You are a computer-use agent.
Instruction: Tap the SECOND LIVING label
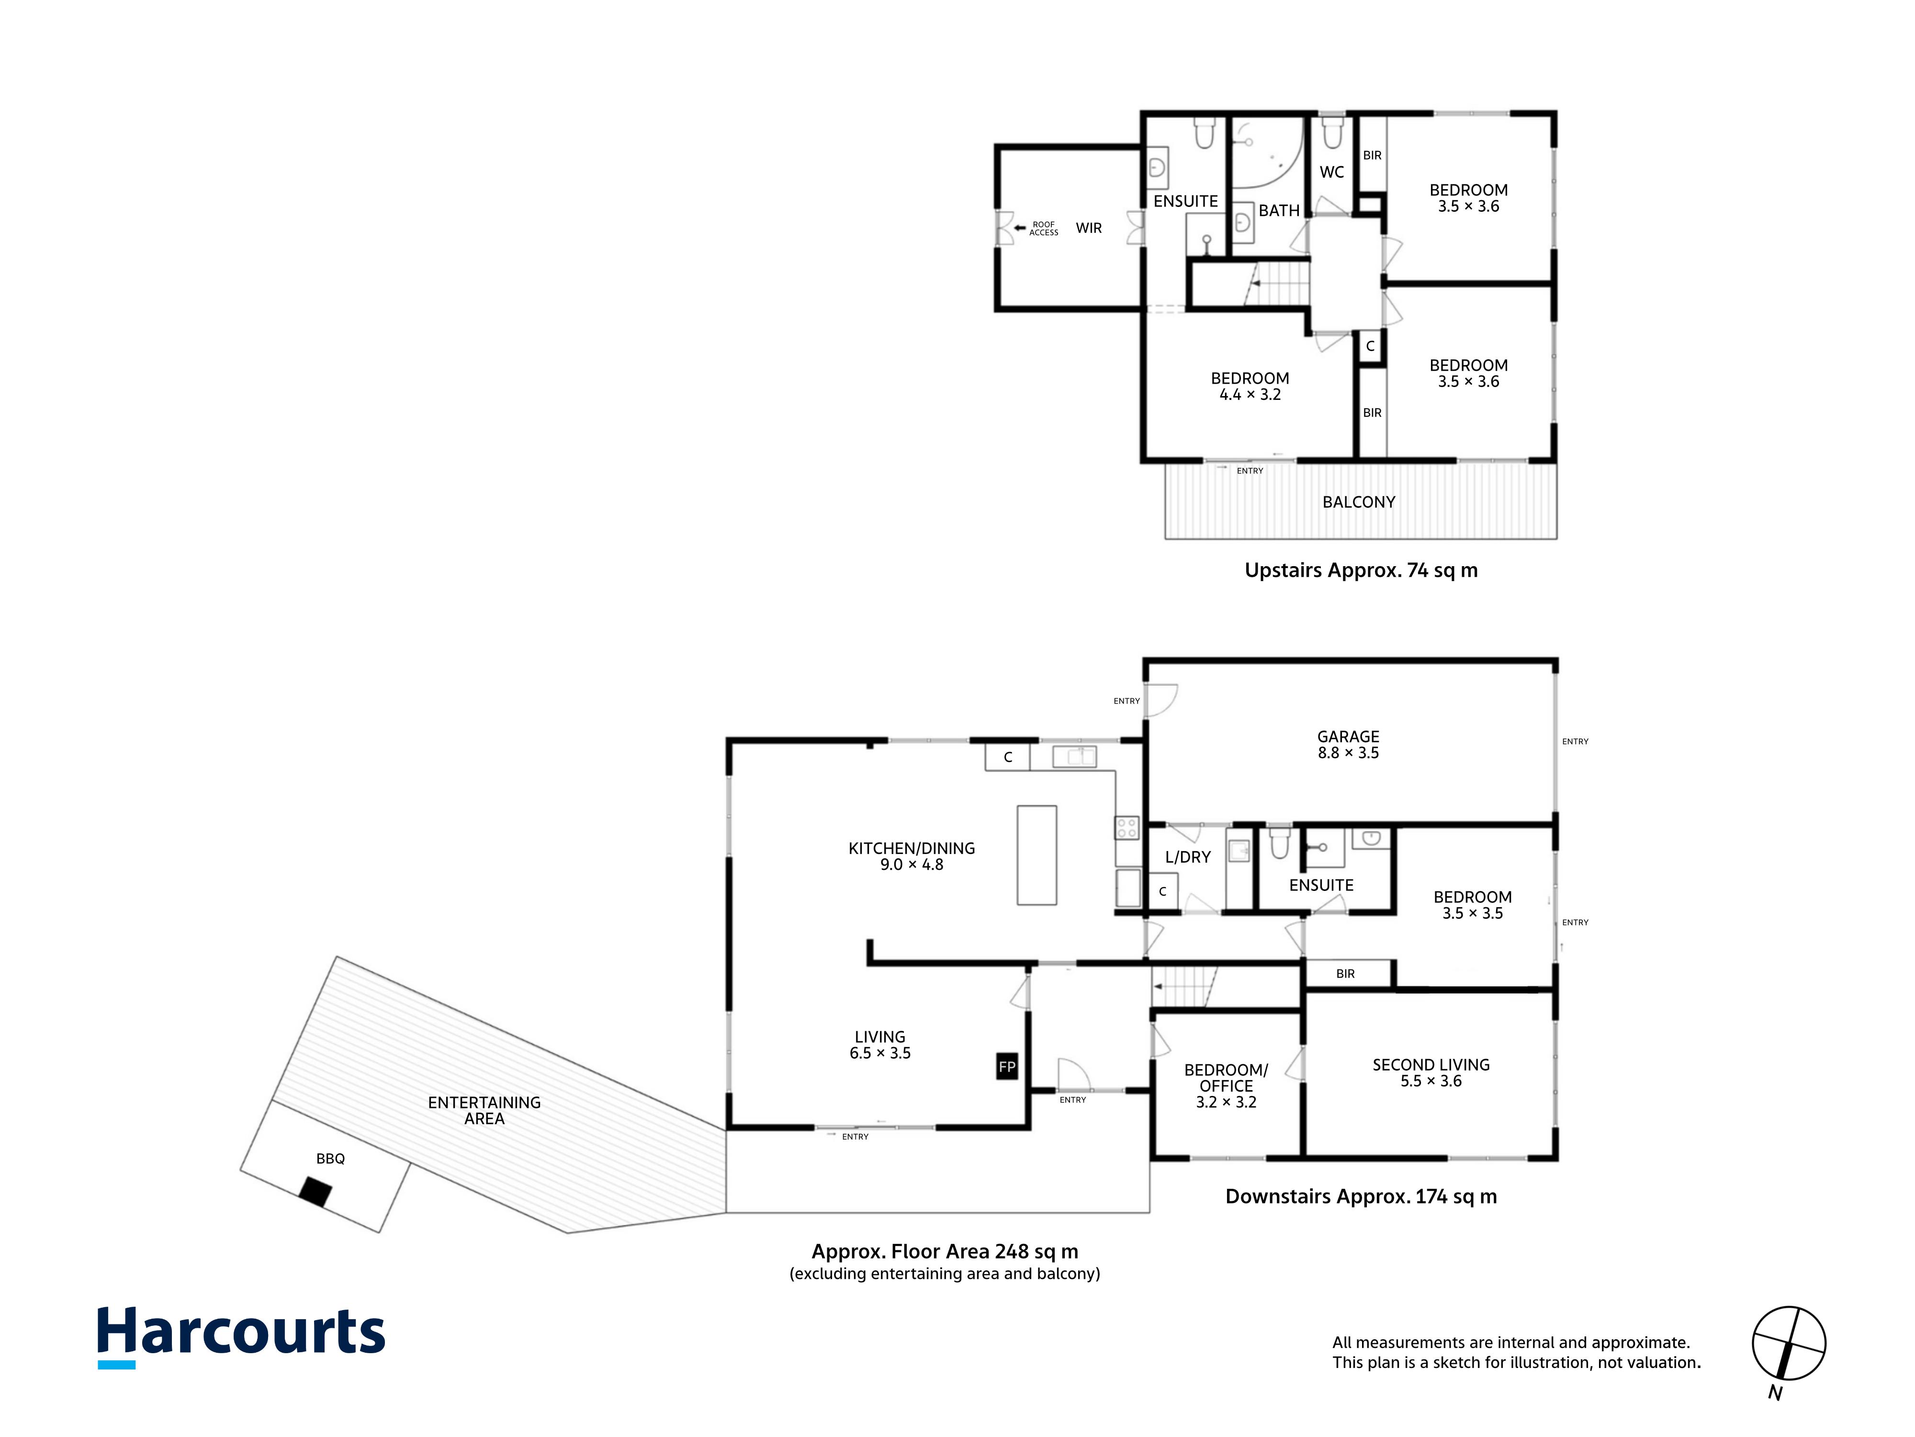click(x=1431, y=1064)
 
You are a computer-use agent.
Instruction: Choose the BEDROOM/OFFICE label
click(x=1226, y=1078)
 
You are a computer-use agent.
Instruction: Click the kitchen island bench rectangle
click(x=1037, y=855)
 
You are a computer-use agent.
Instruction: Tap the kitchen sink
click(x=1074, y=756)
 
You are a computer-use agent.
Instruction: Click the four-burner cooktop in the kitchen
click(x=1126, y=828)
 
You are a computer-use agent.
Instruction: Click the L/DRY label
click(x=1188, y=856)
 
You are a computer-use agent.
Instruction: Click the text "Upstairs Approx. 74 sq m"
click(x=1361, y=570)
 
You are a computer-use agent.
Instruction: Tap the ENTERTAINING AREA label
click(x=484, y=1110)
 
